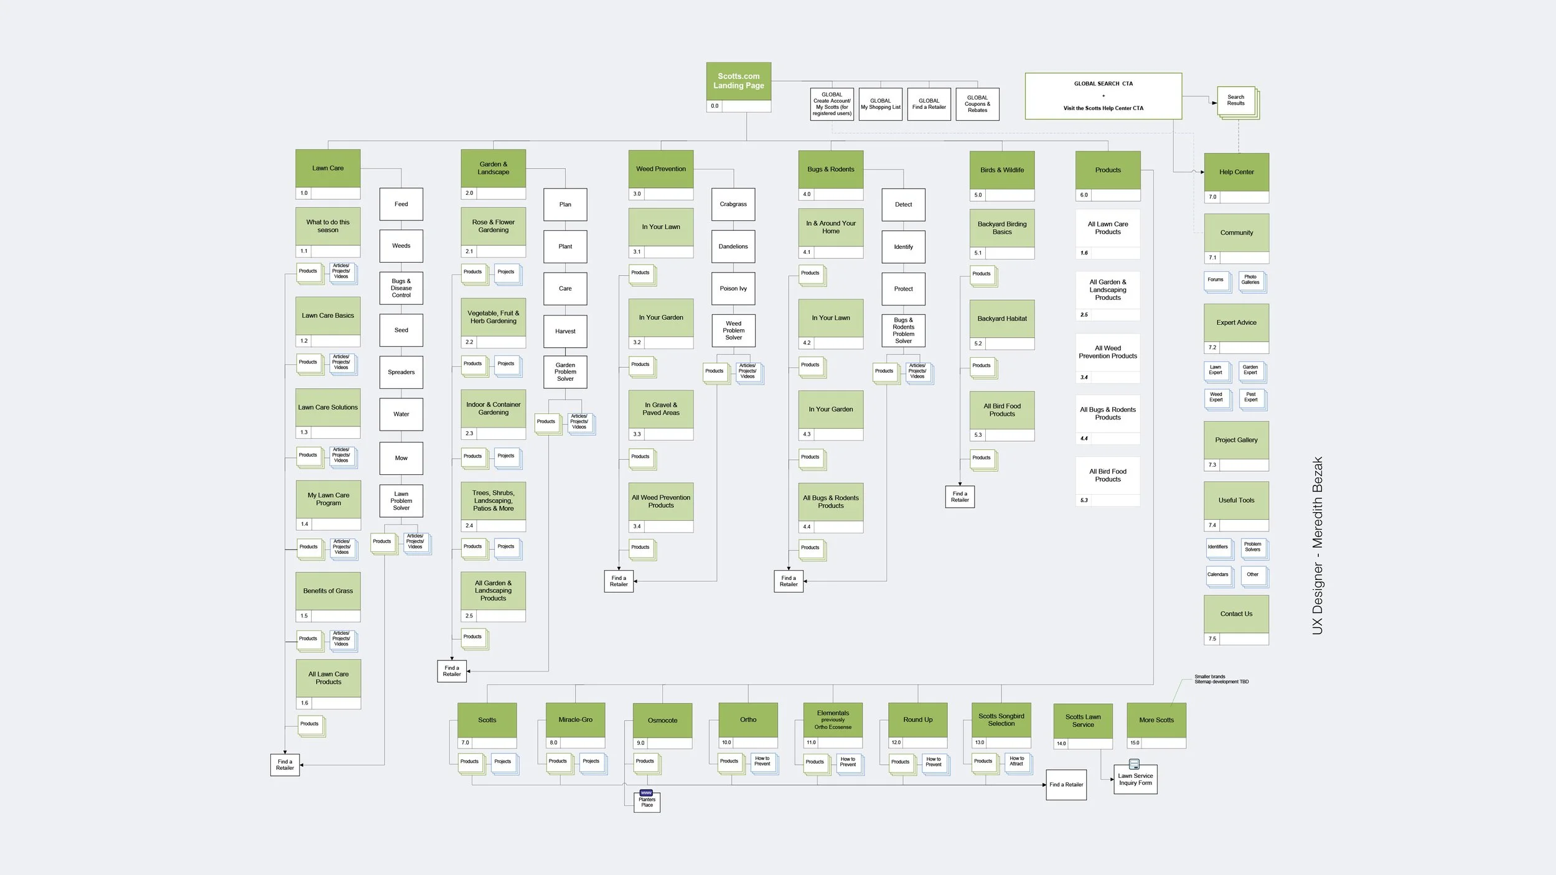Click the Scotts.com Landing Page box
coord(738,82)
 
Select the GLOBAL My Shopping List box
coord(880,104)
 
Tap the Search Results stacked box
coord(1236,101)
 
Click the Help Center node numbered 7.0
coord(1236,172)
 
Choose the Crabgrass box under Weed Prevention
coord(733,204)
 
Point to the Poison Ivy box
coord(733,289)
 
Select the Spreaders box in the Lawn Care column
coord(401,372)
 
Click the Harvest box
coord(565,331)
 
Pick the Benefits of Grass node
coord(328,591)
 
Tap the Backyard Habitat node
coord(1002,319)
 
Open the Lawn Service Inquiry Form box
coord(1135,780)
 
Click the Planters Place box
coord(647,802)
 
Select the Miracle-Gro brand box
coord(575,720)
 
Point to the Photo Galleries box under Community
coord(1250,280)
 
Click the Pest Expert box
coord(1250,398)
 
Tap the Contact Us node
coord(1236,614)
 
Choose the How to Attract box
coord(1016,762)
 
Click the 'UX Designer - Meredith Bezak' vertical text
coord(1318,546)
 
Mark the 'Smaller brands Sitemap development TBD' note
coord(1221,679)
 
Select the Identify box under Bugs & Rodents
coord(903,247)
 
